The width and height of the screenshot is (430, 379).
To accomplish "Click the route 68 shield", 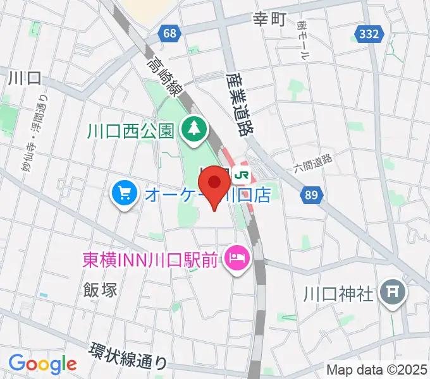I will (x=168, y=33).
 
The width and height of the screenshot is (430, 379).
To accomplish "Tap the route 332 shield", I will (x=369, y=33).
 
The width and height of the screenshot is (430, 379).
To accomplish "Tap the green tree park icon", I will (x=190, y=130).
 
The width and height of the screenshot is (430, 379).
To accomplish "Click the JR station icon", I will (x=241, y=174).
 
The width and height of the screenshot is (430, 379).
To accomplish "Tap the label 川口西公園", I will (x=131, y=131).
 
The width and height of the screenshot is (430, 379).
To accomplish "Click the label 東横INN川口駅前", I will (x=149, y=259).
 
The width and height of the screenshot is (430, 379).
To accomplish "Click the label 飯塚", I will (x=100, y=289).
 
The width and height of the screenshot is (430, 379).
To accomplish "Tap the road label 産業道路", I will (x=238, y=104).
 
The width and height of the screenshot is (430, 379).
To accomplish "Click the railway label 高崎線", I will (x=163, y=76).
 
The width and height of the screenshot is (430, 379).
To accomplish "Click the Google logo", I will (x=42, y=364).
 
